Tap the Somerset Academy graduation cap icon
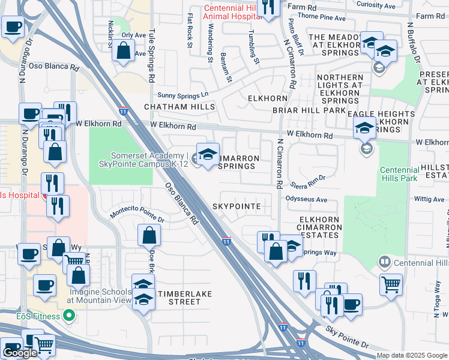208,156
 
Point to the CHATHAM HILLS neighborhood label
179,107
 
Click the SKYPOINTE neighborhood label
237,206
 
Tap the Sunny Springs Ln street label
182,95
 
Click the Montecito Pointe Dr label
137,217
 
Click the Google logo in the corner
20,353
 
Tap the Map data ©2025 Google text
412,355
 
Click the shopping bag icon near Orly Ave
123,52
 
